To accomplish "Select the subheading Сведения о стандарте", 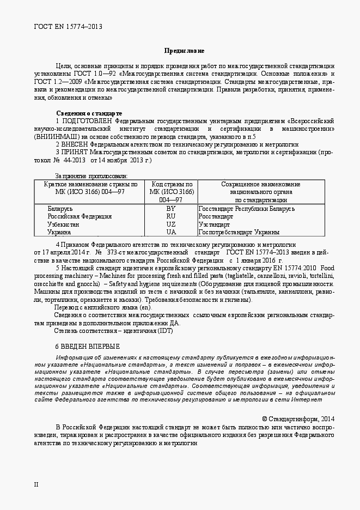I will tap(89, 113).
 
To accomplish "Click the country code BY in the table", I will tap(171, 209).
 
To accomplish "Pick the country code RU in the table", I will tap(171, 216).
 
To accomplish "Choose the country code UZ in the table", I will tap(171, 224).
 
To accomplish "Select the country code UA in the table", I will tap(171, 232).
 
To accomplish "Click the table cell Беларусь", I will tap(60, 209).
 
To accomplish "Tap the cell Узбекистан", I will tap(63, 224).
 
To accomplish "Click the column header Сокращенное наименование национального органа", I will tap(260, 192).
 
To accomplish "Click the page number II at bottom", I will tap(36, 484).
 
